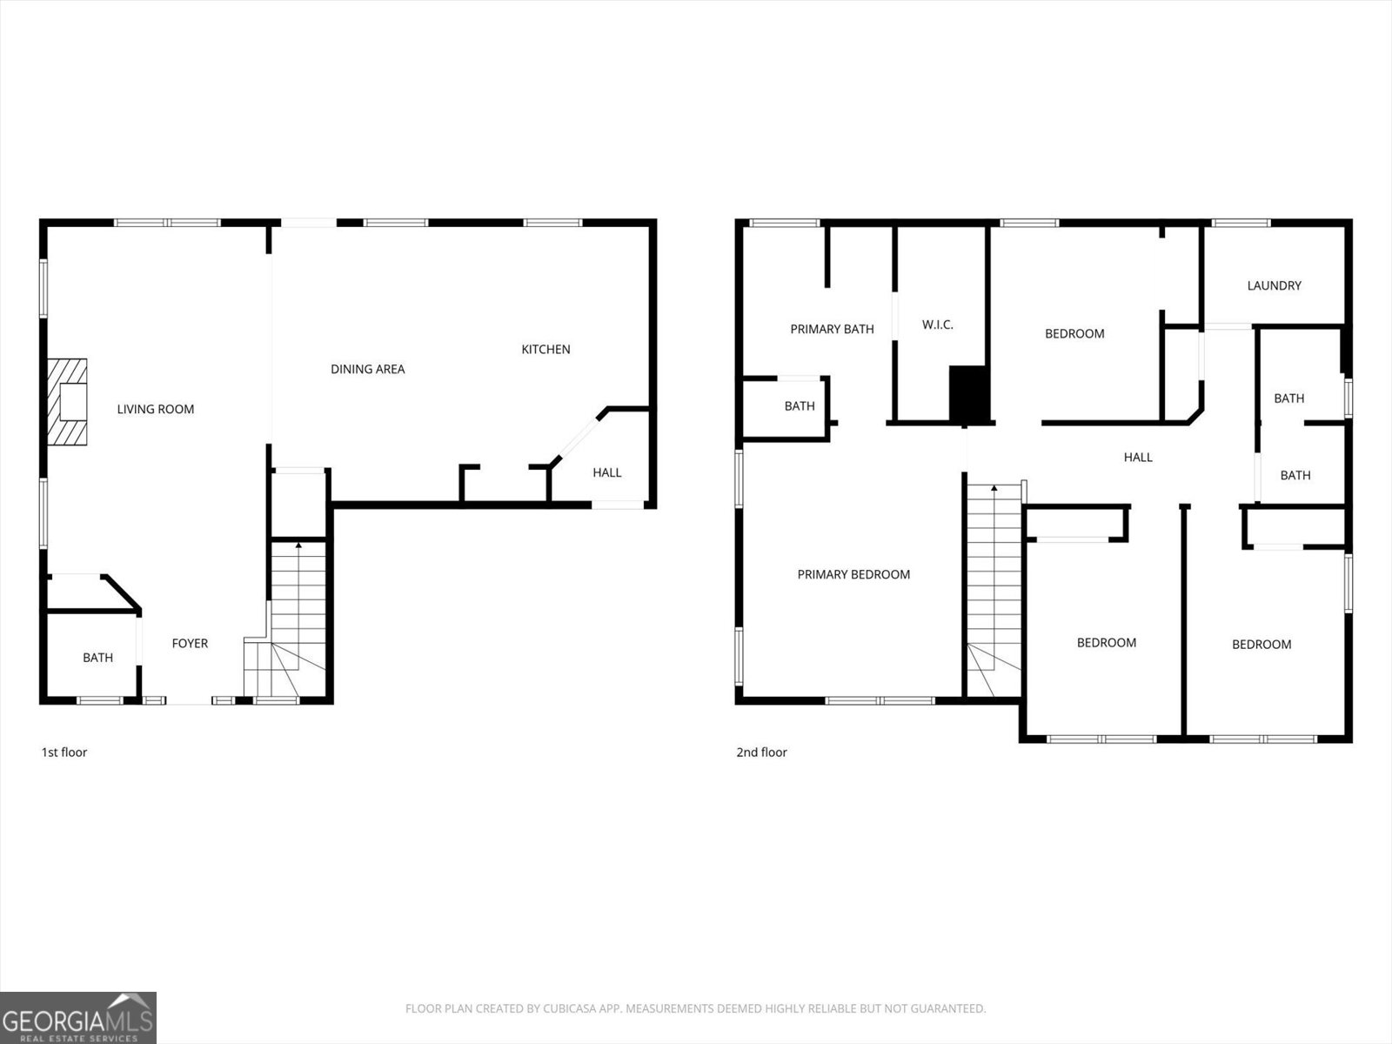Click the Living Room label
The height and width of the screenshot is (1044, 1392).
(156, 409)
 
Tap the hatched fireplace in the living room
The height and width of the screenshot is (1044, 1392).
(67, 402)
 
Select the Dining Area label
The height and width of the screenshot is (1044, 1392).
(367, 369)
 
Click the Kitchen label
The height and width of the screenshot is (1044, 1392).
(545, 349)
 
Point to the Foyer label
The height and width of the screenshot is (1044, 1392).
(190, 643)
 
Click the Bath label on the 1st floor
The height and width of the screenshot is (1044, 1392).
(97, 658)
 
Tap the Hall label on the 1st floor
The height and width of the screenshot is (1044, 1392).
(606, 472)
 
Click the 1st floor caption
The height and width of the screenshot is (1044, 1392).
(64, 752)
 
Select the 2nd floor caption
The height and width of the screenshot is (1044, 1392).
(761, 752)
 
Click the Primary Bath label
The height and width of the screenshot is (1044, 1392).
(832, 329)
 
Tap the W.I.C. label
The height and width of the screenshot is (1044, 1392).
(937, 325)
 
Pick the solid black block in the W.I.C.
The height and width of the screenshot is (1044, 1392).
(969, 394)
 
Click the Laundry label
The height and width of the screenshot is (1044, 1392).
(1274, 285)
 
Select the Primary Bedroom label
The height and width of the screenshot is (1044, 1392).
(853, 574)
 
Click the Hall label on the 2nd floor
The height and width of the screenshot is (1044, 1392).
(1137, 457)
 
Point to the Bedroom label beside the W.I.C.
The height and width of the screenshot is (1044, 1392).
(1074, 333)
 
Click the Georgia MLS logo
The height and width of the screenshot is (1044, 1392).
(78, 1017)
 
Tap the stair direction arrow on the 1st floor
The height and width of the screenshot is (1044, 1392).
(298, 545)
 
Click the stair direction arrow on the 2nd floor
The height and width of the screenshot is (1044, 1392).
(994, 489)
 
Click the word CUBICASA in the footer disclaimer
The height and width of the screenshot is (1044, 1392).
(573, 1008)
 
